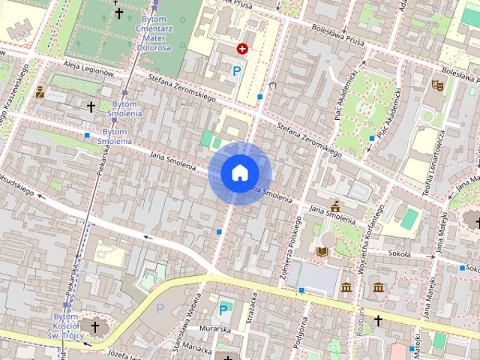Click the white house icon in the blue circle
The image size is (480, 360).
pyautogui.click(x=240, y=173)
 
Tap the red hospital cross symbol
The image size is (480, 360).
pyautogui.click(x=242, y=49)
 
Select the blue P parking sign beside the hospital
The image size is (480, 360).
pyautogui.click(x=237, y=71)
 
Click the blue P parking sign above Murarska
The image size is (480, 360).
pyautogui.click(x=223, y=309)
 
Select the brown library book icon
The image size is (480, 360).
pyautogui.click(x=322, y=250)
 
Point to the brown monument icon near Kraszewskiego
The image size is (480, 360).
pyautogui.click(x=40, y=93)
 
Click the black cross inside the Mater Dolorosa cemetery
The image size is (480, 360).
pyautogui.click(x=118, y=13)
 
